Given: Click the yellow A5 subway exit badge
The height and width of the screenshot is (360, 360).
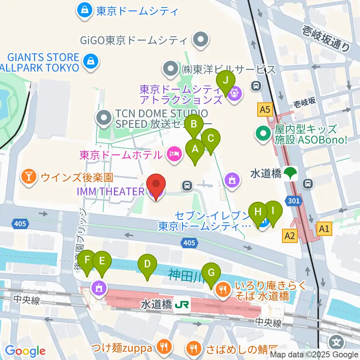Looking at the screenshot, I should coord(264,110).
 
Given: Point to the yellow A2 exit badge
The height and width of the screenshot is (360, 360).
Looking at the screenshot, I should coord(289,235).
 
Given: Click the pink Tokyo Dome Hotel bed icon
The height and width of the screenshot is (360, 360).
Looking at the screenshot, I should coord(174,154).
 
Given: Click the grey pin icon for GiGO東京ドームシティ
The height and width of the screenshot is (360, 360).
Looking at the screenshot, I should coord(200,39).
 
